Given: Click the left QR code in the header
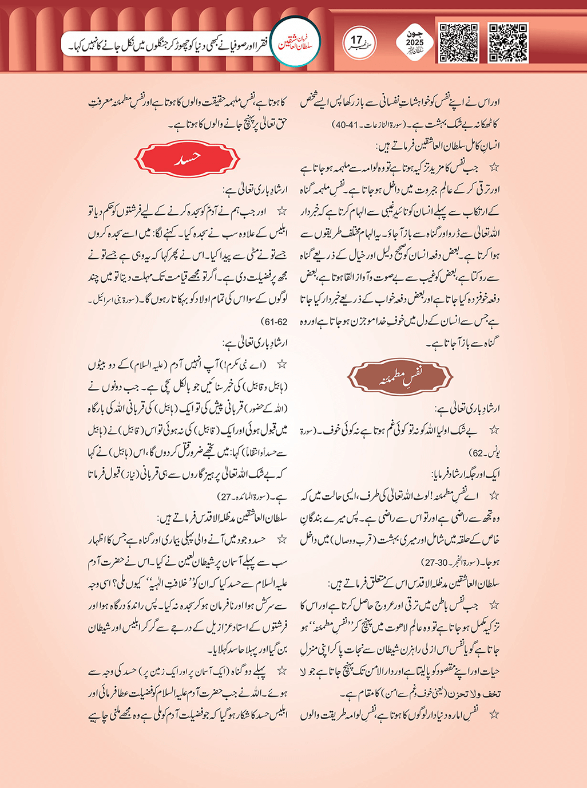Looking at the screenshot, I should point(459,43).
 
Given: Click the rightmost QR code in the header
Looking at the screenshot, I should point(509,43).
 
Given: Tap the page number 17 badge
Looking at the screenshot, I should point(359,42).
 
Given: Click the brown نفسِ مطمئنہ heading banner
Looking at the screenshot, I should point(400,378).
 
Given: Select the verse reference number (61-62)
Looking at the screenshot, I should point(273,322).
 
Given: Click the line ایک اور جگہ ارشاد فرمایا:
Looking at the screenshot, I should point(466,475).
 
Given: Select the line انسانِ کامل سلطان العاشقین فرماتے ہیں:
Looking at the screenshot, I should point(443,146).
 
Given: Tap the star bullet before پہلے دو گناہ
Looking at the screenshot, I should point(281,671).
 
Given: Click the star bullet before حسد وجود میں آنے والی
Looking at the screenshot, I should point(281,540).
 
